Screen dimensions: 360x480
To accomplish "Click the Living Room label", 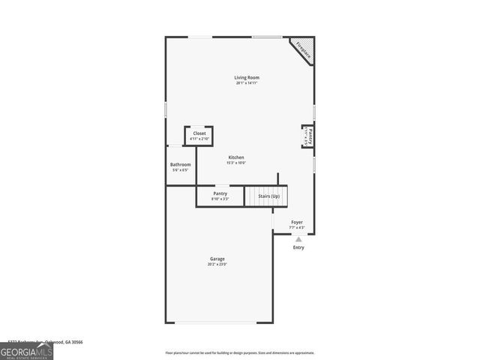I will (247, 77).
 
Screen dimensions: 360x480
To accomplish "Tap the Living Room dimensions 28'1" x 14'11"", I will (247, 82).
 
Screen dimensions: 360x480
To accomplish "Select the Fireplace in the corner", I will (303, 49).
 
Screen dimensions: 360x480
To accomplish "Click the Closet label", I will (199, 133).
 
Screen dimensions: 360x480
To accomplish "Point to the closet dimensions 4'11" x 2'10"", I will (199, 139).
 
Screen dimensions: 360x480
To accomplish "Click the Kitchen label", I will (236, 157).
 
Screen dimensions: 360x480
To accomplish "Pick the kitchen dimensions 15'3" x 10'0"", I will (236, 163).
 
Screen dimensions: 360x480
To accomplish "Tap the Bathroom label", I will (180, 164).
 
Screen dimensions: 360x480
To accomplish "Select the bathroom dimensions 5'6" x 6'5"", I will (180, 169).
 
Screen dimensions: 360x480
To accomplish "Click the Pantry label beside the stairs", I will (220, 193).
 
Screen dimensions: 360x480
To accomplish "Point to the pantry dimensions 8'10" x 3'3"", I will (220, 199).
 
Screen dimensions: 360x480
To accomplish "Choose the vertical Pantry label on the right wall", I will (310, 136).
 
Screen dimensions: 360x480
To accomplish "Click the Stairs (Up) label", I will (269, 196).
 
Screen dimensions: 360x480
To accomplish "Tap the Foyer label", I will (297, 222).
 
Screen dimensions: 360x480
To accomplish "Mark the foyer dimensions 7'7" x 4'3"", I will (297, 227).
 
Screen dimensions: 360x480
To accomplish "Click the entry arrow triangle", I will (298, 239).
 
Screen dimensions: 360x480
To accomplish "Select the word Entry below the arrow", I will (298, 247).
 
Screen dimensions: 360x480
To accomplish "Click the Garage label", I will (217, 259).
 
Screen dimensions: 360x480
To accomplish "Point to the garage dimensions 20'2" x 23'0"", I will (217, 264).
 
